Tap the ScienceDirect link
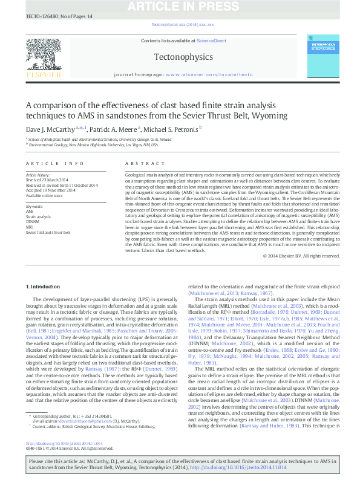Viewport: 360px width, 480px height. point(212,41)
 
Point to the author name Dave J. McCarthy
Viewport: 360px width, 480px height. point(50,129)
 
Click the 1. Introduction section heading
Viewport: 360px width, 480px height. point(44,285)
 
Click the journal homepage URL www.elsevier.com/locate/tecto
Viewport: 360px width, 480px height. point(208,75)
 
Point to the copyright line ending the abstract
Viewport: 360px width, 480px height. point(301,273)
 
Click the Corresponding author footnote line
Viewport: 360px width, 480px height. point(73,416)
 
